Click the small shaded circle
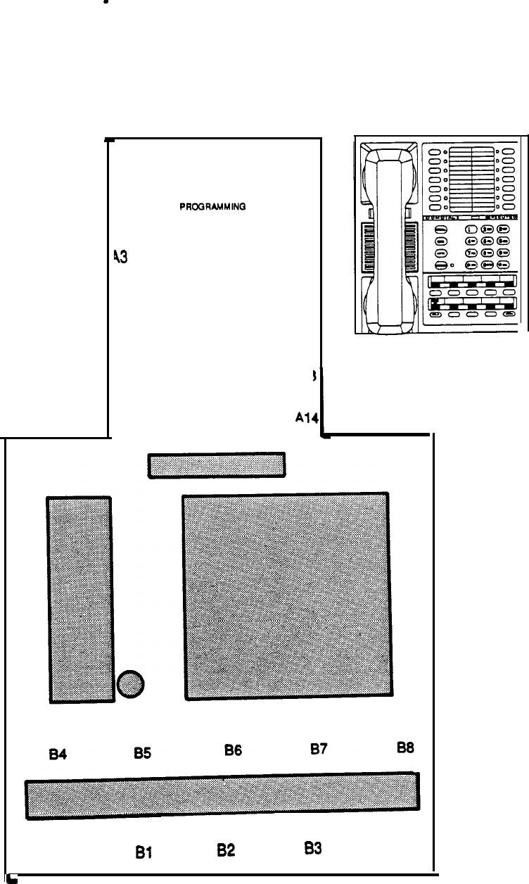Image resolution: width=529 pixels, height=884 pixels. [x=131, y=683]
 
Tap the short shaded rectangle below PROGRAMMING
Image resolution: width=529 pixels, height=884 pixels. [x=216, y=465]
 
